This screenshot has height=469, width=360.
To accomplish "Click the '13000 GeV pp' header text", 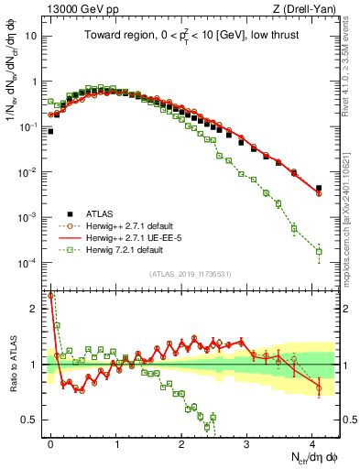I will pyautogui.click(x=75, y=8).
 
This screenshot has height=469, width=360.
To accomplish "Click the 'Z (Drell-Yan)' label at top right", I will pyautogui.click(x=303, y=8).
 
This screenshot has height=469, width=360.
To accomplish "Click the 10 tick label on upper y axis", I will pyautogui.click(x=30, y=37).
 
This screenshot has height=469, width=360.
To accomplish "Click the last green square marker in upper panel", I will pyautogui.click(x=319, y=251).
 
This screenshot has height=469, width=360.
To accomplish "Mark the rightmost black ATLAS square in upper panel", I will pyautogui.click(x=319, y=189).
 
